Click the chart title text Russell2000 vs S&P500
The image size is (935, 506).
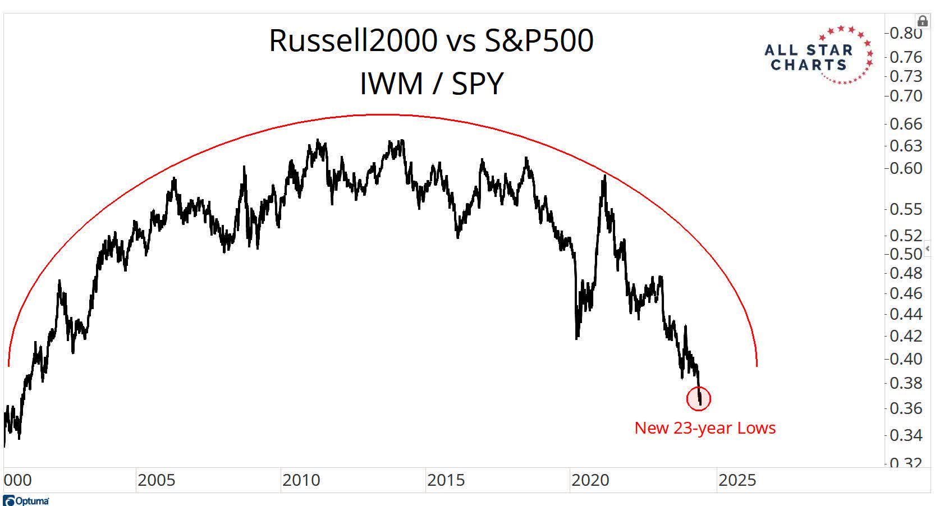pos(431,40)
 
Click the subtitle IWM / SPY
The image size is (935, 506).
pos(431,84)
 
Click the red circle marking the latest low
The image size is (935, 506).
pos(699,399)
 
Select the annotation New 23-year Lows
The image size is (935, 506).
pos(705,428)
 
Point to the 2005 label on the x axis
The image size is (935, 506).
pos(156,481)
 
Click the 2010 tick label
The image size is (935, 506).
pos(301,481)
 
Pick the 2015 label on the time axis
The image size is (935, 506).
pos(446,481)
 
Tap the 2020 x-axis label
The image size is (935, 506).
pos(590,481)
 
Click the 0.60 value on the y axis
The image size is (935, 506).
pos(906,168)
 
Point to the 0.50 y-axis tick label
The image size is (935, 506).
pos(906,254)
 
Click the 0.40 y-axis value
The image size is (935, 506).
pos(906,358)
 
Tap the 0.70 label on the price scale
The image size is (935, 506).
pos(906,96)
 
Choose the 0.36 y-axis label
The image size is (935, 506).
pos(906,408)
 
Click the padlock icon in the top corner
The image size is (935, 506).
pos(922,21)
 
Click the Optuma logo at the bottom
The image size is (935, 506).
pos(26,500)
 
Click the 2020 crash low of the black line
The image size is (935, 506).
pos(577,338)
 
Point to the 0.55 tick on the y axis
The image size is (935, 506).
pos(906,209)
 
